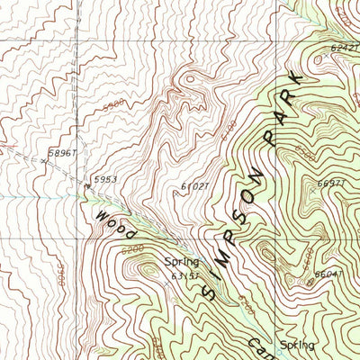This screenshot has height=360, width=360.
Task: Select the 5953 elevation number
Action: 105,179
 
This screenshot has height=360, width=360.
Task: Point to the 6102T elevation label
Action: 193,186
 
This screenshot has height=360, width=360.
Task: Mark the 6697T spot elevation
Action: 331,184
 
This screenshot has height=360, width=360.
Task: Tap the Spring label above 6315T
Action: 180,262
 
